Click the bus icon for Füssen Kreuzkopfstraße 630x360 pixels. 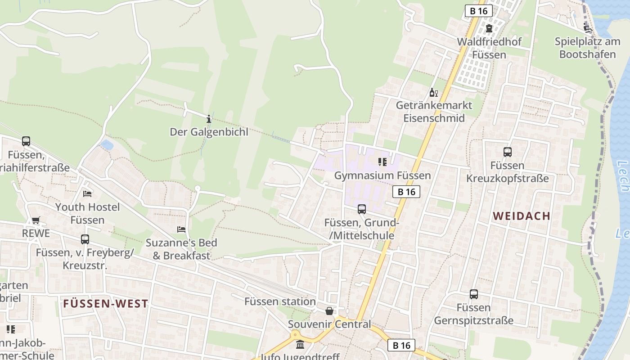pos(508,152)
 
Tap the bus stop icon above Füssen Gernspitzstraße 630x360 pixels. pos(474,294)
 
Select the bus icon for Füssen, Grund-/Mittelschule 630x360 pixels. pos(362,209)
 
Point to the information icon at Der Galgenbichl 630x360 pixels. pos(209,119)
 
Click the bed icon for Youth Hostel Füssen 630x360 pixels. pos(87,193)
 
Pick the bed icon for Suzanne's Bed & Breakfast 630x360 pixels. pos(181,229)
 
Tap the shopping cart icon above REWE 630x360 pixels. pos(36,220)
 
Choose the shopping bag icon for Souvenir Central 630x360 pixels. pos(329,311)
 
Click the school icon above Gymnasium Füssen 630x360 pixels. pos(382,162)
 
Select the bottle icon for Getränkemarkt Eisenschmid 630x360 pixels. pos(433,93)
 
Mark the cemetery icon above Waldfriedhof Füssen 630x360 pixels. pos(489,28)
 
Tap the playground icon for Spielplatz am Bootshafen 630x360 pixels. pos(587,28)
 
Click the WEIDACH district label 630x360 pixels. pos(522,216)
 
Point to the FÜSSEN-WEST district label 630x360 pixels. pos(106,304)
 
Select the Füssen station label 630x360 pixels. pos(280,301)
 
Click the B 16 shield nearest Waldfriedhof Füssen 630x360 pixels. pos(479,11)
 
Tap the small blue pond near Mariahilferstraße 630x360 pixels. pos(107,145)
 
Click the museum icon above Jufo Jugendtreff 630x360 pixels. pos(300,345)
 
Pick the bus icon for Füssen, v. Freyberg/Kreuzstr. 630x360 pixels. pos(85,239)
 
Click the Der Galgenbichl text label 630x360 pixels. pos(209,132)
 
